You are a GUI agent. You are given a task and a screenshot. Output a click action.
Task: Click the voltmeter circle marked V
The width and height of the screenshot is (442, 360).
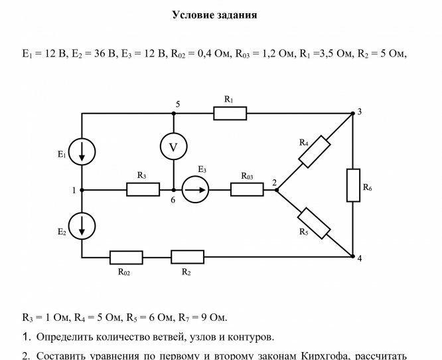coord(174,147)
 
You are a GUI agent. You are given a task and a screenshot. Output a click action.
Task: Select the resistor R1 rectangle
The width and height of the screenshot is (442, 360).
coord(230,114)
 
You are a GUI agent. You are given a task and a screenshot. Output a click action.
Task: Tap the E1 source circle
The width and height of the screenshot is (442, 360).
coord(82,152)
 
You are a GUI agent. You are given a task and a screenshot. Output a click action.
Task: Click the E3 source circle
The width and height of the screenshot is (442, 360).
coord(196,190)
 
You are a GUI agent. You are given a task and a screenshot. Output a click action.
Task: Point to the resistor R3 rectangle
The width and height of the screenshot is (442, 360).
coord(143,190)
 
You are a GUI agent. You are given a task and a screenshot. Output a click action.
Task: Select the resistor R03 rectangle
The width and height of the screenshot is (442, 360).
coord(247,190)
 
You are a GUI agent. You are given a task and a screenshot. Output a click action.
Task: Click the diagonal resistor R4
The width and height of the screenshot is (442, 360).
coord(315,151)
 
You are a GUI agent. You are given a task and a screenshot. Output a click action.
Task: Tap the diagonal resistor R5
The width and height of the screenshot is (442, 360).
coord(315,223)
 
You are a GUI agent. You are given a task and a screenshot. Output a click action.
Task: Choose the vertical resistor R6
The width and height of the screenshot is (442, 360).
coord(353,185)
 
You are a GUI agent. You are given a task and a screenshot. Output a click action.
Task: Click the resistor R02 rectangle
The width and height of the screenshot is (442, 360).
coord(126,257)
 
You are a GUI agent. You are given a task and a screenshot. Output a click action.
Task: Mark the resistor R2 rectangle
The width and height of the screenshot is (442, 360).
coord(187,257)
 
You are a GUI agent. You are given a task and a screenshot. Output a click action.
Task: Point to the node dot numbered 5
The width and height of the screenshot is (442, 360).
coord(174,114)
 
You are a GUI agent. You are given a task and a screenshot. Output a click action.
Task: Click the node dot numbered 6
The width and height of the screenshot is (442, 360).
coord(174,190)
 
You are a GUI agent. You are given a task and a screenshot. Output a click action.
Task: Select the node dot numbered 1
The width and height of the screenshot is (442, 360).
coord(82,190)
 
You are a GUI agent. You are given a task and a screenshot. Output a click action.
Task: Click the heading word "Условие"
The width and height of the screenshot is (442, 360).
coord(192,15)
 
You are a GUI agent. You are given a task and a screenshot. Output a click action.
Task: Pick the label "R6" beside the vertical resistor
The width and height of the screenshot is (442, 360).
coord(367,188)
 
